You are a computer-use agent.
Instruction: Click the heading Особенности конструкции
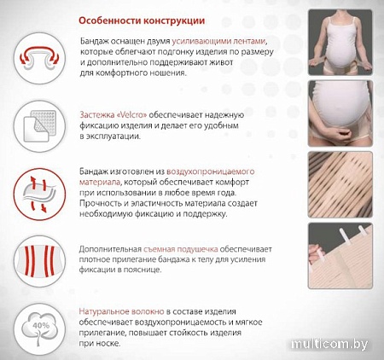[x=142, y=20]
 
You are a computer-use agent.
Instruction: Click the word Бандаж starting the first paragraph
[x=94, y=42]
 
